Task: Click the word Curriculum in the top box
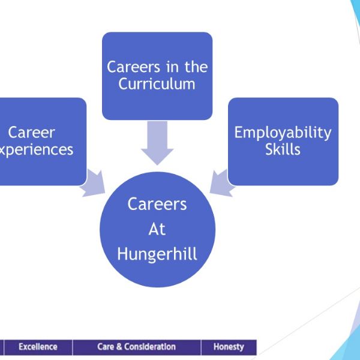pos(157,84)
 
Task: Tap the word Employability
pos(283,133)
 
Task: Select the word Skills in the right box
pos(283,149)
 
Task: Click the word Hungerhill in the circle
pos(157,254)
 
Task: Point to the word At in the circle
pos(157,229)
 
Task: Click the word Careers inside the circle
pos(157,204)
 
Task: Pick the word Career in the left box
pos(31,133)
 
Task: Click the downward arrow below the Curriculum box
pos(157,143)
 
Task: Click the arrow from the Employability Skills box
pos(222,184)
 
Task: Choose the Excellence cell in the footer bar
pos(38,347)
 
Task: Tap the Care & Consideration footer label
pos(137,347)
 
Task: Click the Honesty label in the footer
pos(229,347)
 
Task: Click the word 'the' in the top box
pos(196,67)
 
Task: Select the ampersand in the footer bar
pos(119,347)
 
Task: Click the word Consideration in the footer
pos(150,347)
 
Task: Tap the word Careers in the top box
pos(133,67)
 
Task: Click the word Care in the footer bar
pos(106,347)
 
